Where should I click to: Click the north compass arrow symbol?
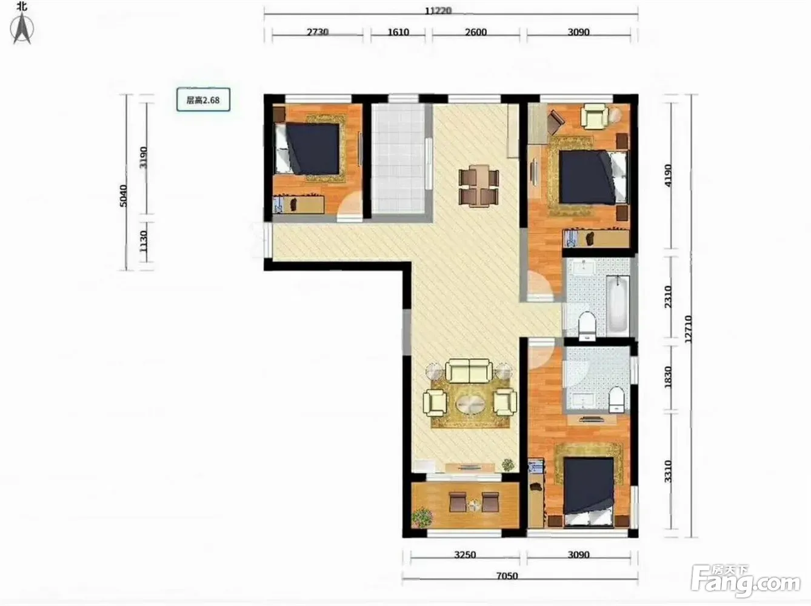point(22,28)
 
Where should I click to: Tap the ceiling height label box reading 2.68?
point(203,100)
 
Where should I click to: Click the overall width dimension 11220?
point(438,10)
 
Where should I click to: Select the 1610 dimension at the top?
point(398,32)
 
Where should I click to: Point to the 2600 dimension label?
point(476,32)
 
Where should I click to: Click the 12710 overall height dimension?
point(688,329)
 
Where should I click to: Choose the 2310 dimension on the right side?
point(668,296)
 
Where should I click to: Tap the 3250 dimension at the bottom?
point(465,554)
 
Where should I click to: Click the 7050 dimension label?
point(507,576)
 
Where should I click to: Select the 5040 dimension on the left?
point(124,196)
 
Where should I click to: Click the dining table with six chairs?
point(479,186)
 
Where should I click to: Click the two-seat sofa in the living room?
point(469,371)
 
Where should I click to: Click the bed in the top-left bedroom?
point(307,148)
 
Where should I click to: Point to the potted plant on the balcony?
point(422,518)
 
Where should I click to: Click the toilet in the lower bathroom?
point(616,399)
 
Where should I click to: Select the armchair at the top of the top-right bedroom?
point(595,116)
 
